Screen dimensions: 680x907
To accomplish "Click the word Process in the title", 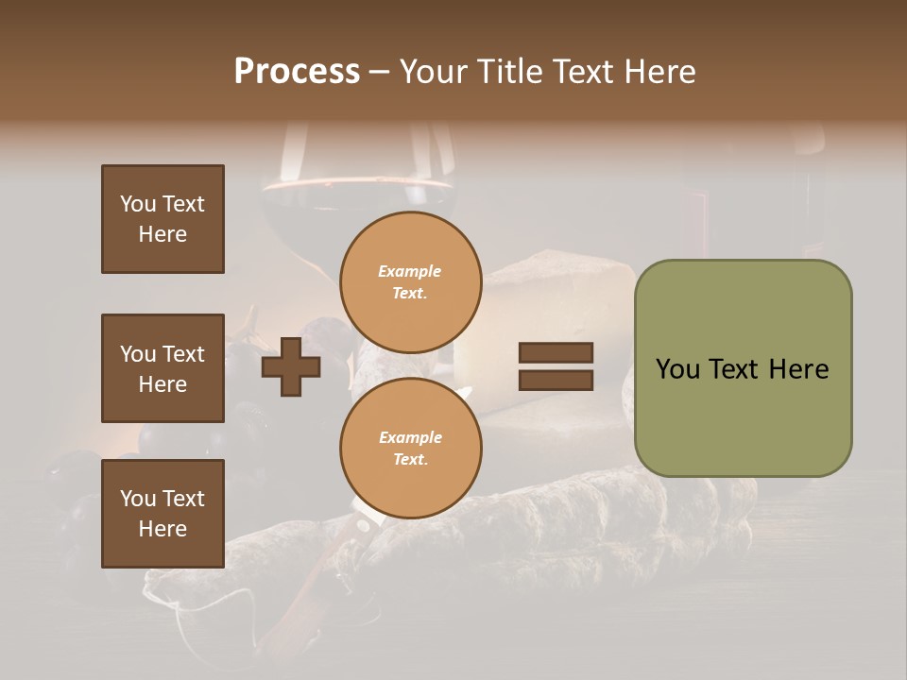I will [297, 72].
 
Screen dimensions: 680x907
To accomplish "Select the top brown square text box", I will [163, 219].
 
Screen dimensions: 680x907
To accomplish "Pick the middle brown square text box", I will [163, 368].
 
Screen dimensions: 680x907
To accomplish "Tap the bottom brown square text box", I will [163, 513].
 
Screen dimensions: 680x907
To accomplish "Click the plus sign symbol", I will [291, 366].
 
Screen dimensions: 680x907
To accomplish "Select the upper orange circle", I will [410, 281].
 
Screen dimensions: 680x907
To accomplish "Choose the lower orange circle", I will [410, 448].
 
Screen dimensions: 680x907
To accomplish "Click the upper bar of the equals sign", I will [556, 353].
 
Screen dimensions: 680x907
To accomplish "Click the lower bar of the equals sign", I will [556, 380].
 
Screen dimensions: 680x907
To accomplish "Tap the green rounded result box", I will [743, 368].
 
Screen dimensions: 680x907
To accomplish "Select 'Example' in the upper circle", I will [410, 271].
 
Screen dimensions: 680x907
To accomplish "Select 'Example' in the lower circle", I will [410, 437].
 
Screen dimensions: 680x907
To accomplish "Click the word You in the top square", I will [138, 204].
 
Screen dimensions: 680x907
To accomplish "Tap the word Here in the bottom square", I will [163, 529].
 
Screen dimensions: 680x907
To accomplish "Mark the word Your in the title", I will [434, 72].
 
